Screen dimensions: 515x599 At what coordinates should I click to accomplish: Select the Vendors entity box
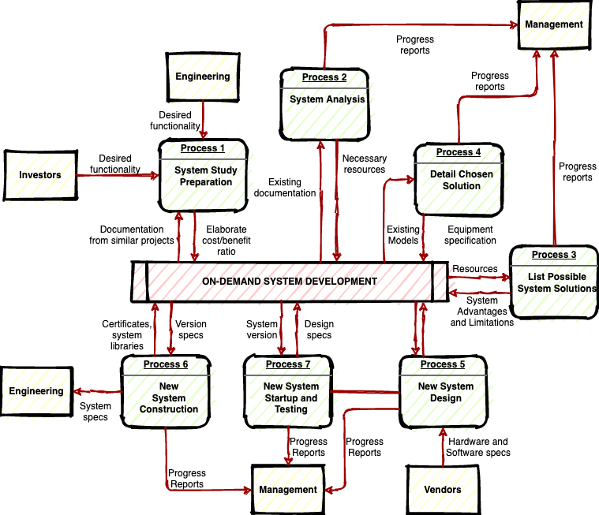tap(443, 489)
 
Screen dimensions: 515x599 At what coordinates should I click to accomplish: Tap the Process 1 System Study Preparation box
tap(204, 176)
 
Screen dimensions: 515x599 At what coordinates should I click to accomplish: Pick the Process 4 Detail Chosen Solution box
tap(459, 180)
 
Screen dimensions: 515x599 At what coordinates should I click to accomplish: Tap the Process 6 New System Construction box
tap(167, 392)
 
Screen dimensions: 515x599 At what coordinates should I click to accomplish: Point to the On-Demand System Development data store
tap(289, 282)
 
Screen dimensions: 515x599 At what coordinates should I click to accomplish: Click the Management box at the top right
tap(554, 24)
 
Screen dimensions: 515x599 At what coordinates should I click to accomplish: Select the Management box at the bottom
tap(288, 489)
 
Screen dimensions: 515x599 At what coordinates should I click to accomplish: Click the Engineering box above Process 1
tap(203, 77)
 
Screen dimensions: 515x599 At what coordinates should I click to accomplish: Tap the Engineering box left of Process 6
tap(36, 391)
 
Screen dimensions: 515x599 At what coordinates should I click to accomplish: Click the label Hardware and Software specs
tap(477, 447)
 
